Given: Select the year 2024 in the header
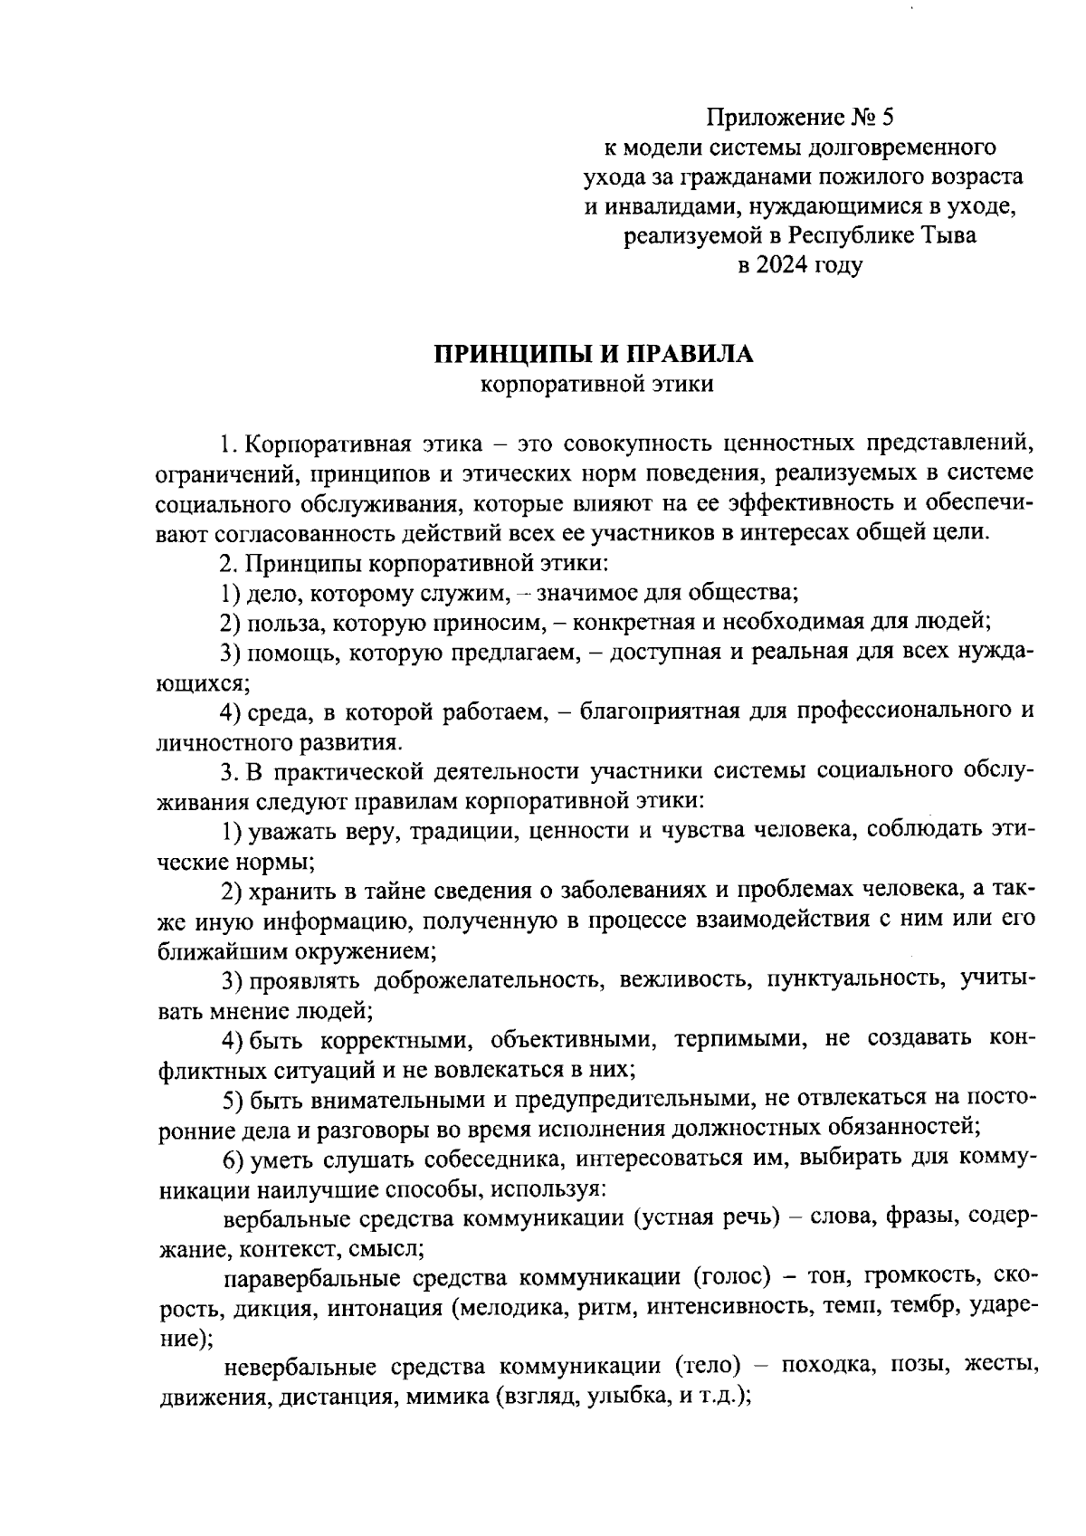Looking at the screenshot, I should pyautogui.click(x=780, y=266).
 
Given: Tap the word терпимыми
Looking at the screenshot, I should pyautogui.click(x=740, y=1039).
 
